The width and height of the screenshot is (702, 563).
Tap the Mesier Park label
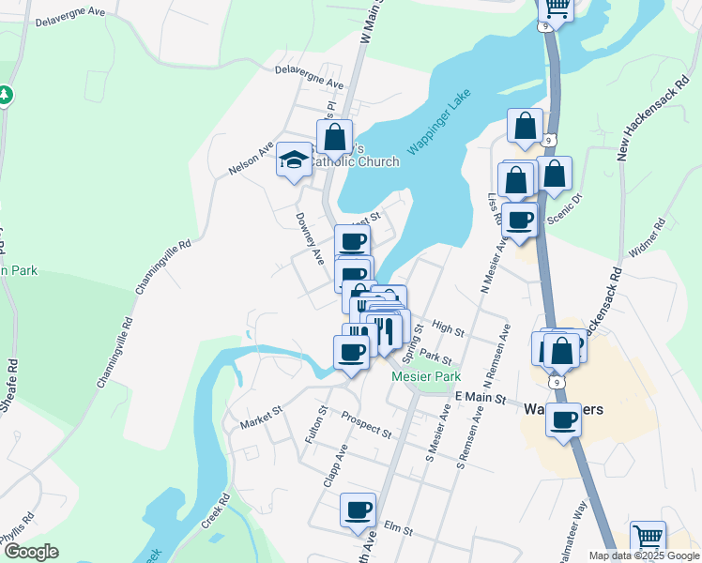click(426, 376)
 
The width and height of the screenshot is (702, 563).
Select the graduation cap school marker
click(294, 161)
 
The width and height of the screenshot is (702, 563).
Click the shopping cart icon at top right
click(557, 9)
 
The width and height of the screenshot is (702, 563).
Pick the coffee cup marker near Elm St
click(358, 510)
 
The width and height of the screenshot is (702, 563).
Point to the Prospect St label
click(366, 425)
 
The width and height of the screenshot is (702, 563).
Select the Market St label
click(261, 417)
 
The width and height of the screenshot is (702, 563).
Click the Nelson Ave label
click(251, 160)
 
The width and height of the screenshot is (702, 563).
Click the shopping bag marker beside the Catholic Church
click(334, 137)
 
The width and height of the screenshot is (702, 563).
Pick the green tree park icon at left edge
click(6, 95)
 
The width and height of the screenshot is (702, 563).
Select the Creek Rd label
click(215, 511)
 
